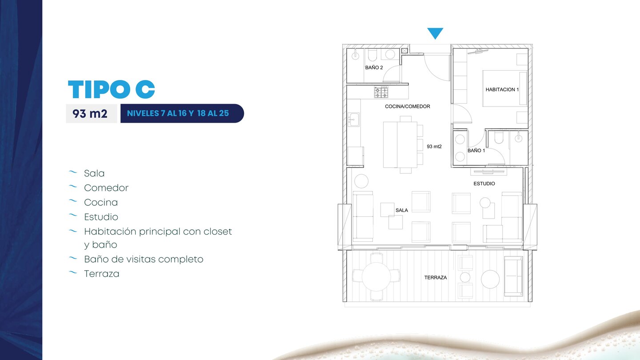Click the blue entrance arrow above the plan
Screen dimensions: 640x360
(435, 33)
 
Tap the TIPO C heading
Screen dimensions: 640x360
(112, 89)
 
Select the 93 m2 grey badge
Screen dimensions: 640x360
(91, 113)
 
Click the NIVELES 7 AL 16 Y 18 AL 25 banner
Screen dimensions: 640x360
(182, 113)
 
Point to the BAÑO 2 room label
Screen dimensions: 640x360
(374, 68)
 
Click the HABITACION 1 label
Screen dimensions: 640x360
(502, 89)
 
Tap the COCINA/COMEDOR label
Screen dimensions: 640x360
(408, 106)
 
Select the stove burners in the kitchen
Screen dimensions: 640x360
(381, 92)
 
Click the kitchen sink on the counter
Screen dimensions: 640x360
(354, 120)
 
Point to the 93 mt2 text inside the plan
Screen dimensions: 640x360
(434, 147)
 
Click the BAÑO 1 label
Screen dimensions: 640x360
(476, 151)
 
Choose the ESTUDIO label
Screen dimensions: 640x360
(484, 184)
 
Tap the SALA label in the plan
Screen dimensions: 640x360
(402, 210)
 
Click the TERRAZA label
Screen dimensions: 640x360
(436, 277)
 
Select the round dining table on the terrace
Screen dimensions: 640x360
(376, 276)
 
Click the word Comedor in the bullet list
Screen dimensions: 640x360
(106, 188)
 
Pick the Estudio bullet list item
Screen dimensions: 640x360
(101, 217)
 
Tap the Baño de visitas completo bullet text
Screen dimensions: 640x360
(144, 259)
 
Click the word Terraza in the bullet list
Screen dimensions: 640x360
(101, 274)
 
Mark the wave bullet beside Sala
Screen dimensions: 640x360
(73, 172)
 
